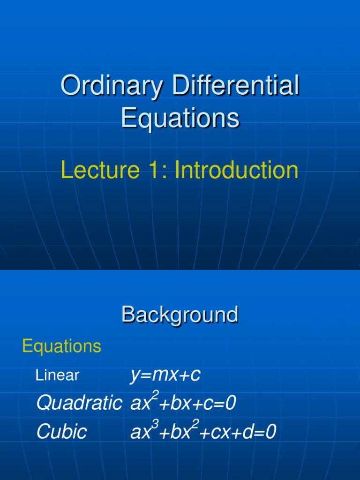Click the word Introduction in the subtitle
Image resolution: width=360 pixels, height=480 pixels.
coord(236,170)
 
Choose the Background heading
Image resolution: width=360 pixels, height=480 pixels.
coord(180,315)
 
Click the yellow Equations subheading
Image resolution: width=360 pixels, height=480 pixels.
coord(61,346)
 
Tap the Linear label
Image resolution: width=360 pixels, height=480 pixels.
coord(57,375)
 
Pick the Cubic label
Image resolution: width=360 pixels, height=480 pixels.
coord(61,432)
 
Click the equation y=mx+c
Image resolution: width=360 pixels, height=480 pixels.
coord(165,375)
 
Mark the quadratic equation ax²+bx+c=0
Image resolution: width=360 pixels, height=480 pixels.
coord(183,403)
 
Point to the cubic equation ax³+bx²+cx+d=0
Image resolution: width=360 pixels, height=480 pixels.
coord(203,432)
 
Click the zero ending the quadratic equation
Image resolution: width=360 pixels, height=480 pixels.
coord(230,403)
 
